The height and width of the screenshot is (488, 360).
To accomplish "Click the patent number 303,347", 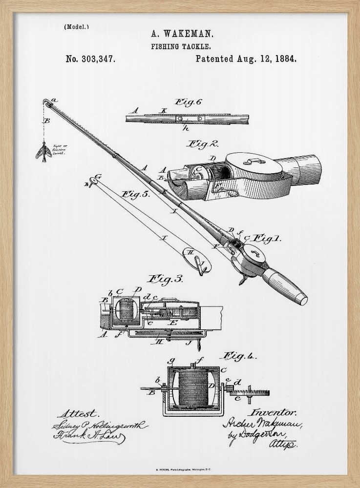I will click(91, 59).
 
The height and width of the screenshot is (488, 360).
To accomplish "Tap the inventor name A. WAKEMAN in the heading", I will click(182, 34).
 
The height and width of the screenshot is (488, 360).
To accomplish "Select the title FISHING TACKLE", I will click(181, 46).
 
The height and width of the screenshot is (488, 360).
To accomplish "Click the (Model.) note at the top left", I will click(76, 27).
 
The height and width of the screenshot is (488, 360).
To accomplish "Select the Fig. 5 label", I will click(135, 194).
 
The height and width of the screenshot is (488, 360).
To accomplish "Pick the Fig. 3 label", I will click(166, 279).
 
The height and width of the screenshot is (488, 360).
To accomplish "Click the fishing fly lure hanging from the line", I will click(44, 152).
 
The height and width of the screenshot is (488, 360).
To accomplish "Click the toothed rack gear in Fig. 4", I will click(249, 392).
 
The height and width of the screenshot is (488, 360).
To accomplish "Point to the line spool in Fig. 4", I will click(193, 388).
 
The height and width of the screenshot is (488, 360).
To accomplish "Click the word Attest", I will click(78, 414).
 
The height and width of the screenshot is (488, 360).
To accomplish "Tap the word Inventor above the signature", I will click(274, 412).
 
